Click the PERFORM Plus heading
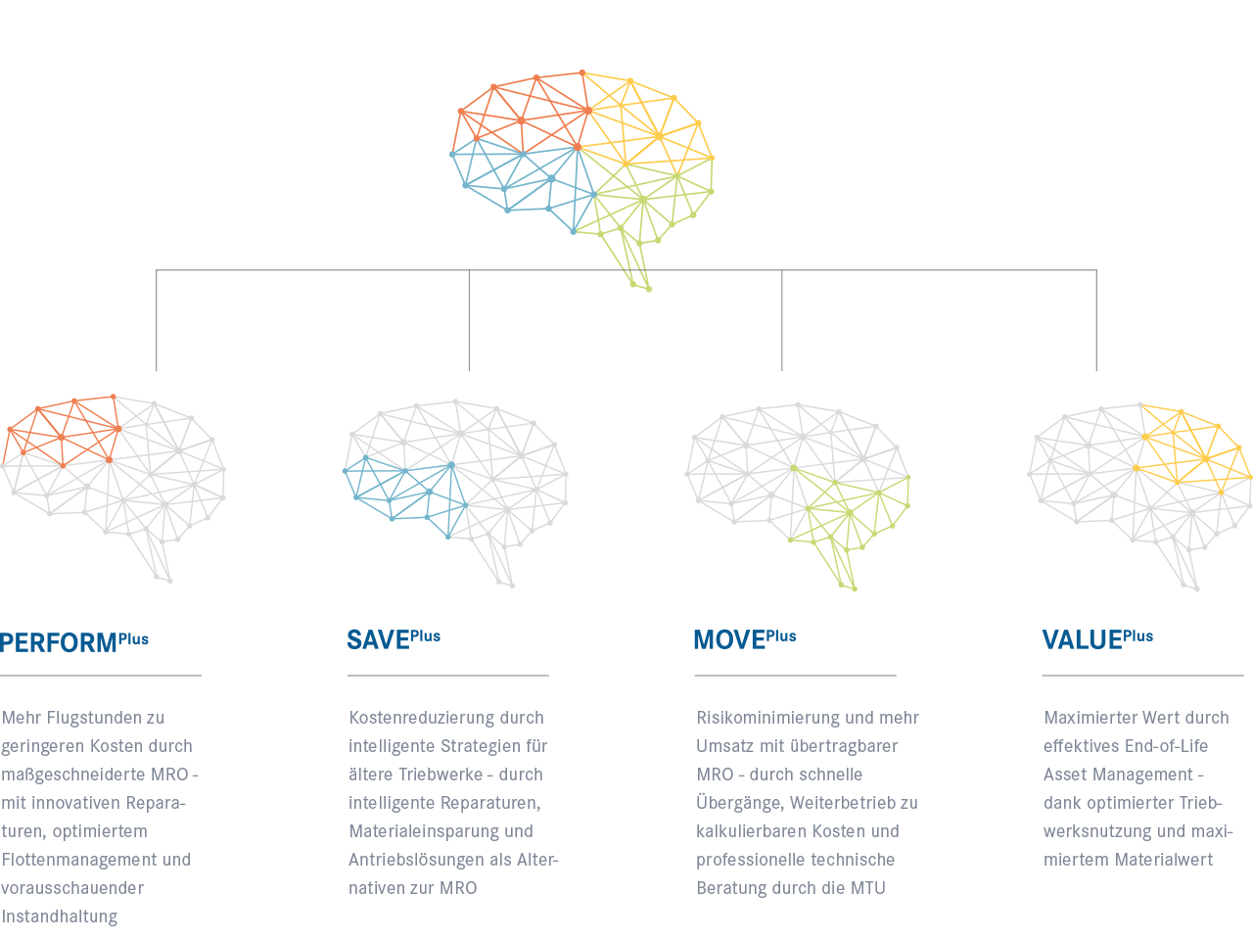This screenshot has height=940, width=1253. coord(73,642)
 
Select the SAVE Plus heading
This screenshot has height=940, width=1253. coord(393,639)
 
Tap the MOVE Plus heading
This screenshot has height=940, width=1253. coord(744,639)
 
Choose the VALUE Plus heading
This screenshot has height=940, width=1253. coord(1096,639)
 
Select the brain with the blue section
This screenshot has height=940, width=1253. coord(455,480)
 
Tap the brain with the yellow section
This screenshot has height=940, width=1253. coord(1140,480)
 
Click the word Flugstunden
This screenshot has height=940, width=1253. coord(94,718)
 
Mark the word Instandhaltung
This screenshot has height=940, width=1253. coord(60,916)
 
